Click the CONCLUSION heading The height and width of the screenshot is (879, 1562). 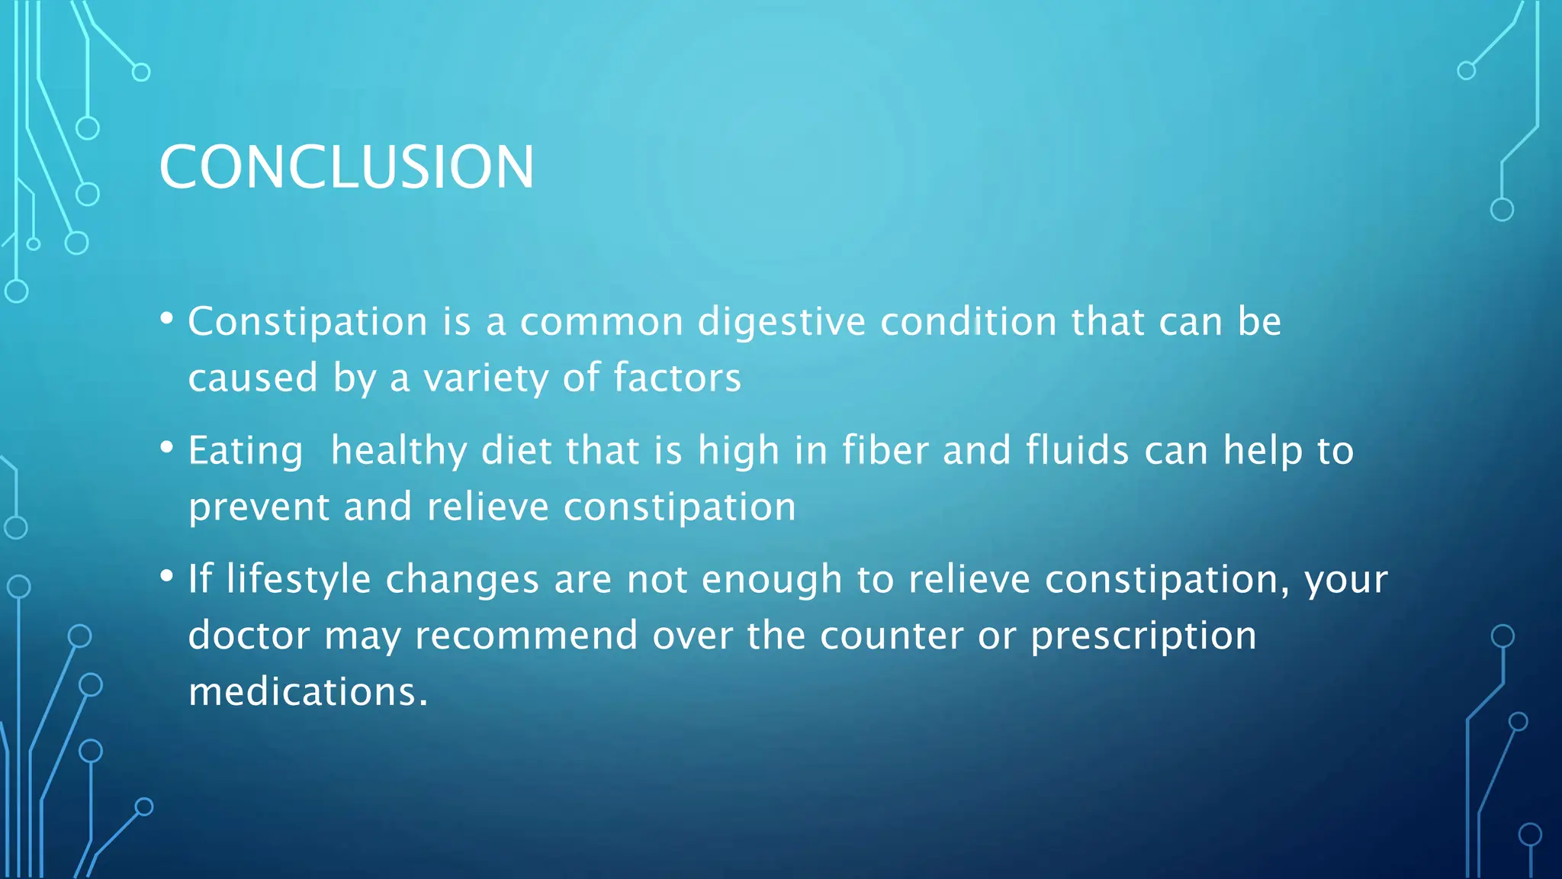tap(346, 167)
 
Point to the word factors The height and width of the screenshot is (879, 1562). tap(677, 378)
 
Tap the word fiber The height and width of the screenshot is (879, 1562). tap(885, 450)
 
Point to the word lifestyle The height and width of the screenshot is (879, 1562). tap(298, 580)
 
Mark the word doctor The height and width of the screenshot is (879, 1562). tap(249, 636)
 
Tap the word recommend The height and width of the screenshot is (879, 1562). tap(525, 636)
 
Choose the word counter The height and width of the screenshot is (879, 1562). tap(892, 636)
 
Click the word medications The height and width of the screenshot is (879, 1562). tap(307, 692)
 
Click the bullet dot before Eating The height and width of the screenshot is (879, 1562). tap(167, 448)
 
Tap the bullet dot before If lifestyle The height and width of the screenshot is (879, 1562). tap(167, 576)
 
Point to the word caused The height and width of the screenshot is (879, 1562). tap(252, 378)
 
